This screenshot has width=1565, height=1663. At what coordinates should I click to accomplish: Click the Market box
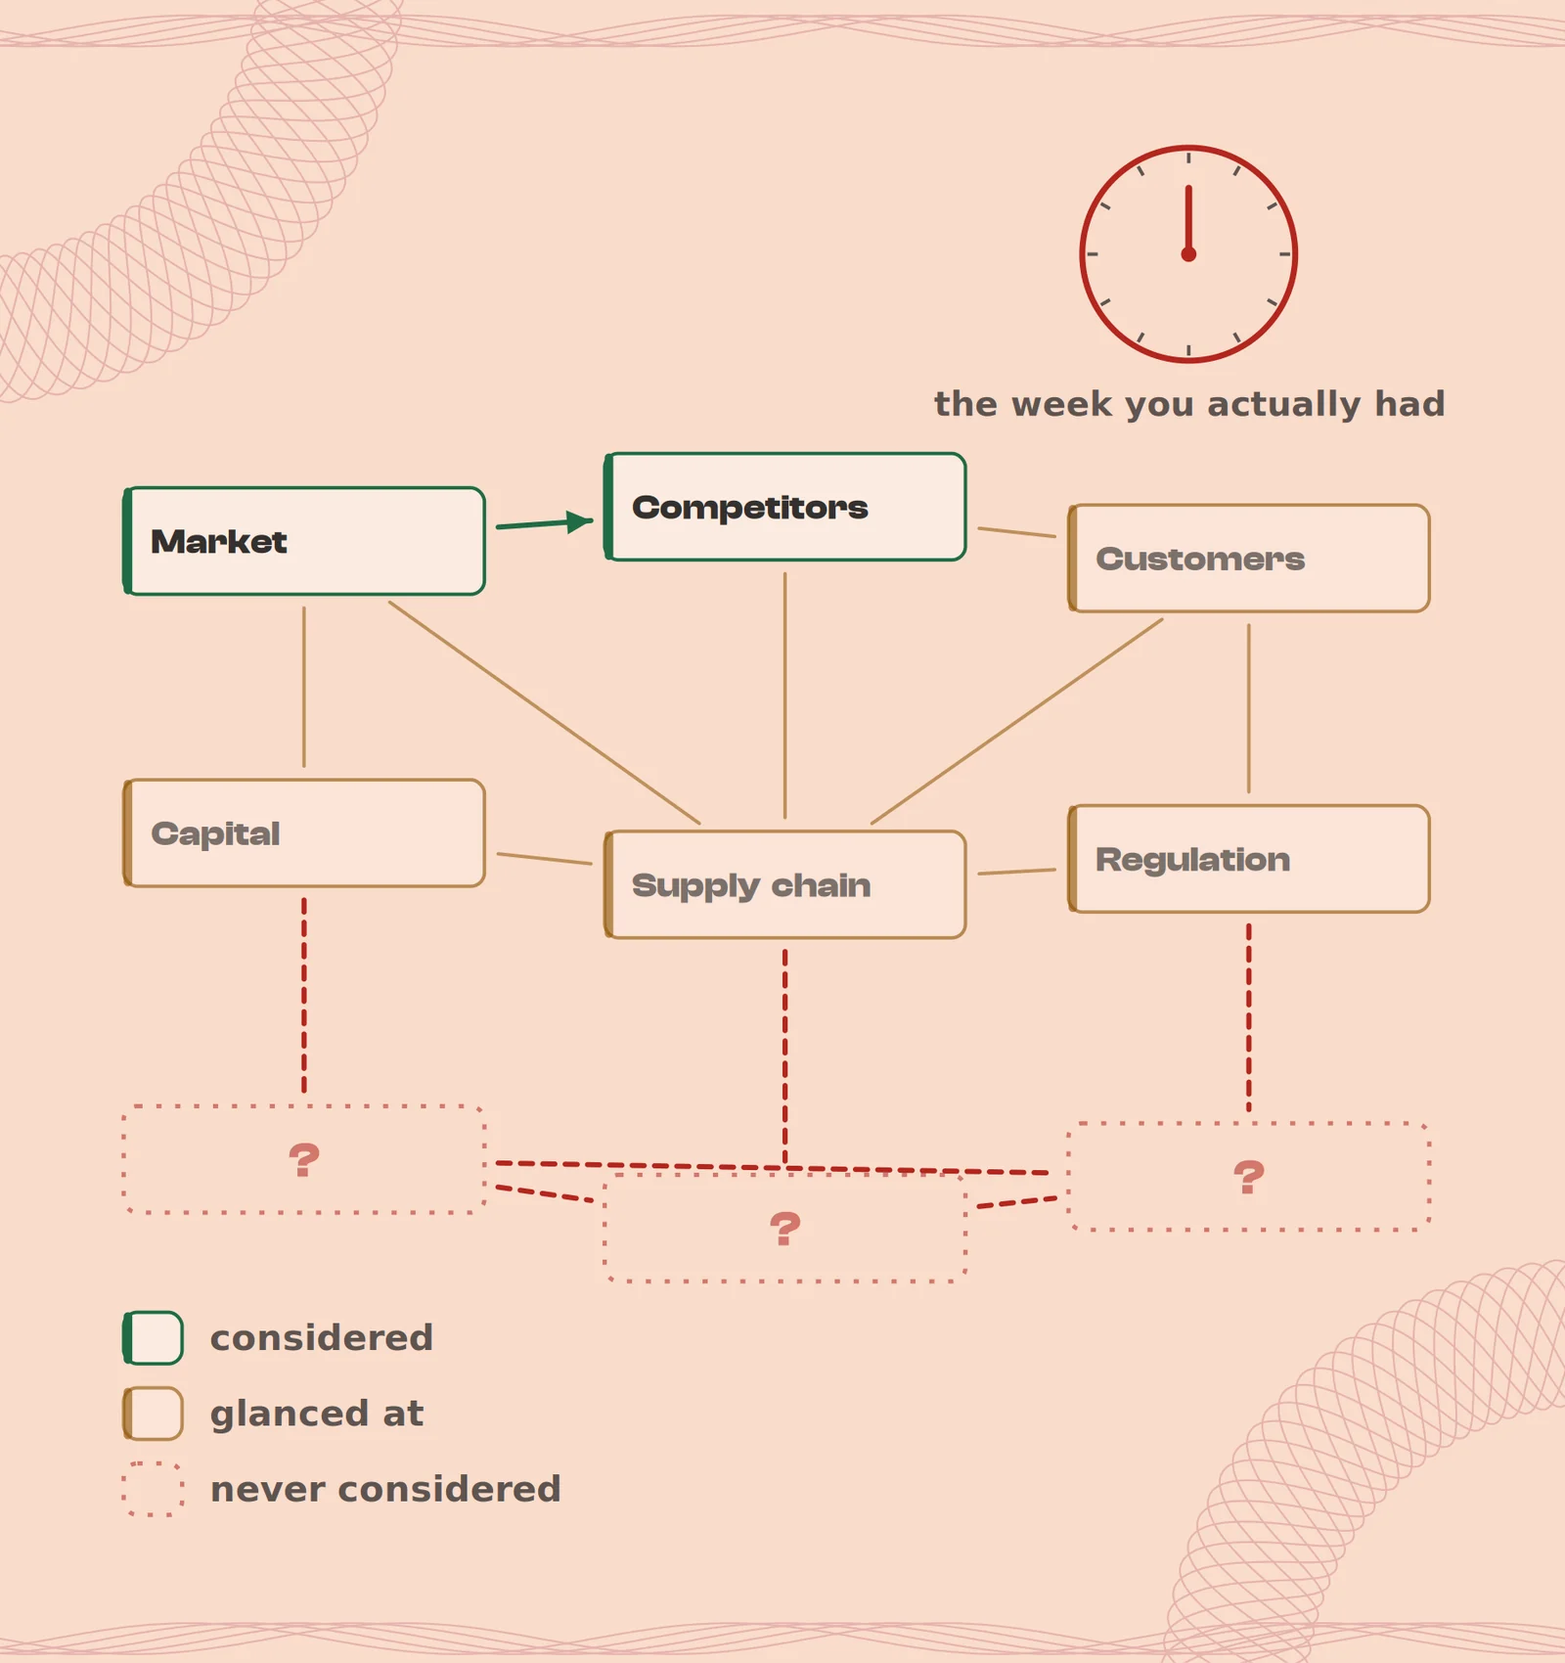304,541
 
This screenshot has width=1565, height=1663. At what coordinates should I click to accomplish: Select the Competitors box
785,507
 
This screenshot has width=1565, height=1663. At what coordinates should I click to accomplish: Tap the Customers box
1249,559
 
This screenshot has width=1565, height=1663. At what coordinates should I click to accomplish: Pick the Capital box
304,833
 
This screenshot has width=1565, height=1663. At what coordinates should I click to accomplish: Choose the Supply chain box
785,885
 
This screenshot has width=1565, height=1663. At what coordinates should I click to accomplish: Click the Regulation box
1249,859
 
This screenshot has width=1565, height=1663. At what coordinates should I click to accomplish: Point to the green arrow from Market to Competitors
545,523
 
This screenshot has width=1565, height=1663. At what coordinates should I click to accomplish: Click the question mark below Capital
304,1160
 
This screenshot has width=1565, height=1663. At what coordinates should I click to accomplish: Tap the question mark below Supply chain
785,1229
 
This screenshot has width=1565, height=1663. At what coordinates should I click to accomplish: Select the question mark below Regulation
1249,1177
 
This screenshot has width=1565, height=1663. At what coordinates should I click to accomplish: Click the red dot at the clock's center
1188,254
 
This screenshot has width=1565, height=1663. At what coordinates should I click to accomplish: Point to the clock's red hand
1188,219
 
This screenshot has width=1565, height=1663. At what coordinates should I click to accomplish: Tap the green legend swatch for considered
153,1338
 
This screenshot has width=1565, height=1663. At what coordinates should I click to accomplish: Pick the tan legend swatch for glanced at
153,1414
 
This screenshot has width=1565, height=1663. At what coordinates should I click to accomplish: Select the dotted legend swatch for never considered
153,1489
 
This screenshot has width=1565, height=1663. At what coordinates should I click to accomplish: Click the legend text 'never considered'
385,1489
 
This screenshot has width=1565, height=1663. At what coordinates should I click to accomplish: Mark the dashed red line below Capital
304,996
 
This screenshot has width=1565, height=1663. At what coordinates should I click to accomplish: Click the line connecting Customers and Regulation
1249,708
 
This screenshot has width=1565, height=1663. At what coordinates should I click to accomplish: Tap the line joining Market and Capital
304,687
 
